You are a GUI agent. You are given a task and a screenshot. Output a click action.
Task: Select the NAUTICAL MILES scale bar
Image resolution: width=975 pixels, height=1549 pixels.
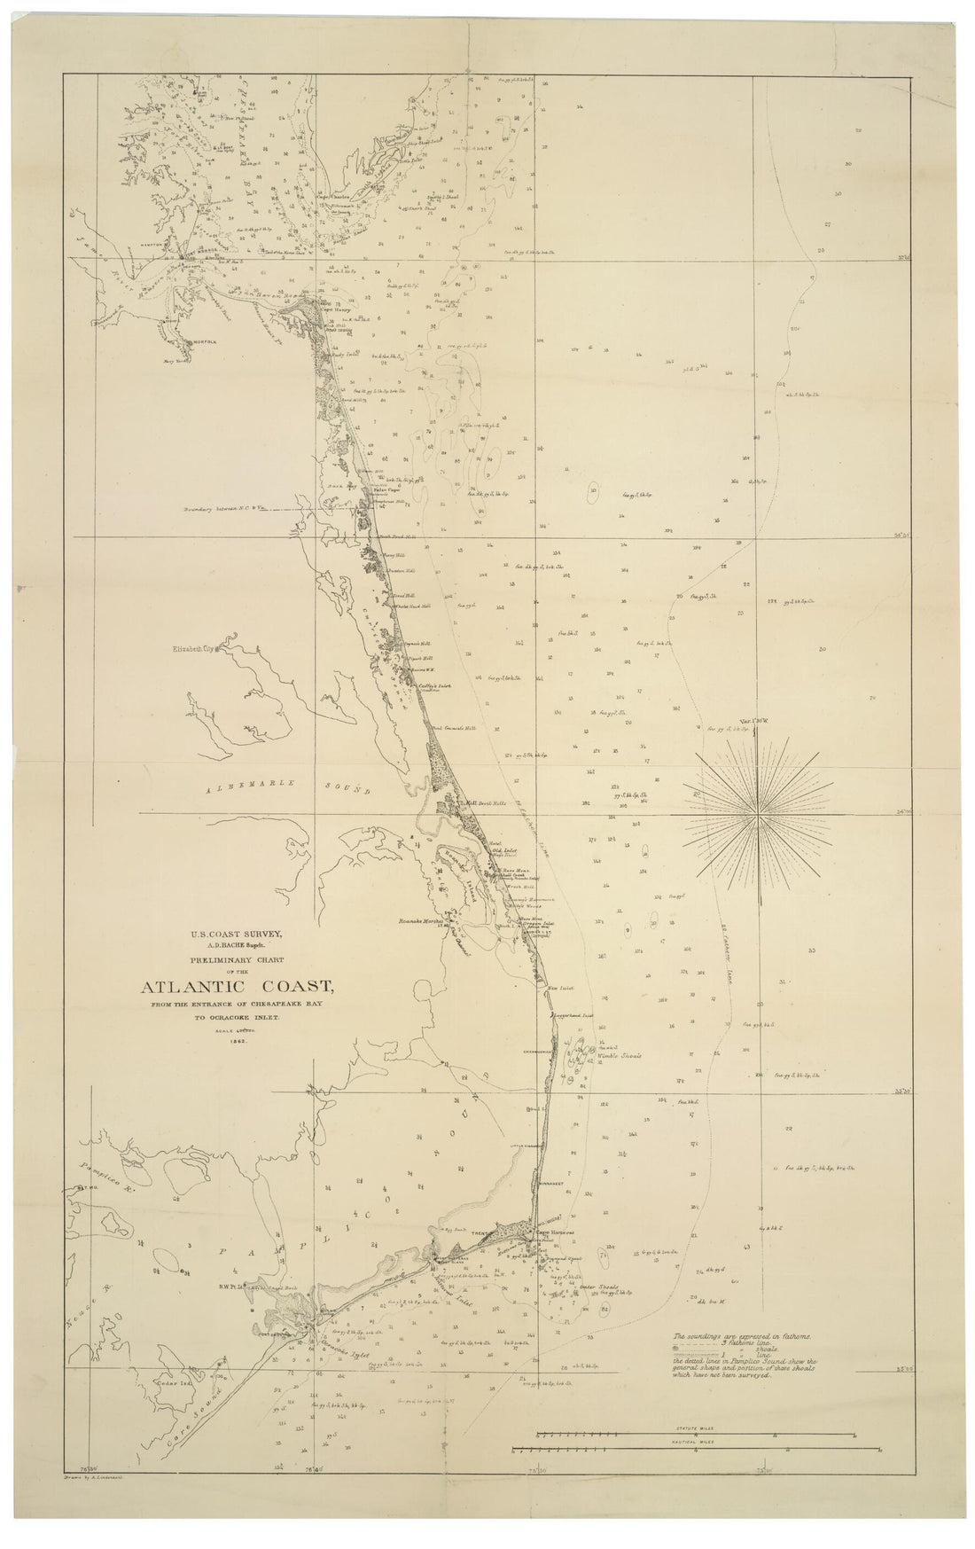pyautogui.click(x=696, y=1450)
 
